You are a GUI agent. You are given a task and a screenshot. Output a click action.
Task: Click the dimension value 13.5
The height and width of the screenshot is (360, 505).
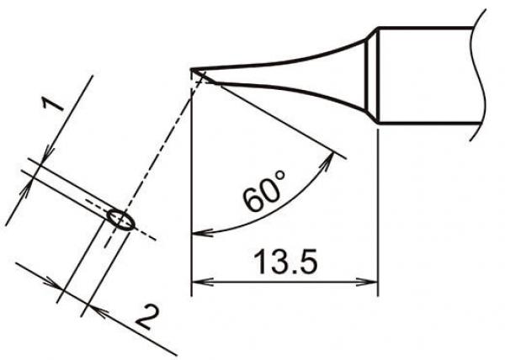[282, 262]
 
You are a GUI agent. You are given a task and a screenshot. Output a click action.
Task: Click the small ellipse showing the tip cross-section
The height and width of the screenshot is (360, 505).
[120, 220]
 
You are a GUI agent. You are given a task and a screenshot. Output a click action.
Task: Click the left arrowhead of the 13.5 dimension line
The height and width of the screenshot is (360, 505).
[199, 280]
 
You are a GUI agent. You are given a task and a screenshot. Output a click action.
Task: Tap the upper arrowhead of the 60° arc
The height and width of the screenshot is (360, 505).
[339, 157]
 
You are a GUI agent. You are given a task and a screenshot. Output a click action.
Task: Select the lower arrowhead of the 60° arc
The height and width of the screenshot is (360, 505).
[199, 232]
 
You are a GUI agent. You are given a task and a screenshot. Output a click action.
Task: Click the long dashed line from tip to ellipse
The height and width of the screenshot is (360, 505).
[160, 143]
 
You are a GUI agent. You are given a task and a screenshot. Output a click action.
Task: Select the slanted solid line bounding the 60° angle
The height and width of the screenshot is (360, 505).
[269, 114]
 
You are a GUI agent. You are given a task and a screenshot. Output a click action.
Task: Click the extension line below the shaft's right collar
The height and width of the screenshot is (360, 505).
[378, 210]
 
